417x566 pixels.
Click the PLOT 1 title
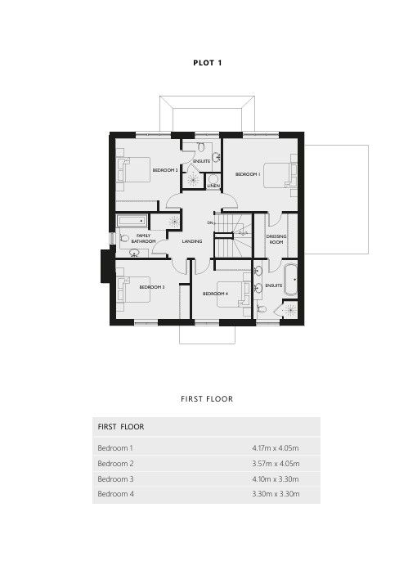208,63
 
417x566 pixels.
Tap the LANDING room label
192,241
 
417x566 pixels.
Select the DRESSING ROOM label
276,239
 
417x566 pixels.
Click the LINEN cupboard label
213,186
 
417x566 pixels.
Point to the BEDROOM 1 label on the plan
248,174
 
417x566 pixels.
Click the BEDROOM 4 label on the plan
215,294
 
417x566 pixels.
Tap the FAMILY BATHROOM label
144,238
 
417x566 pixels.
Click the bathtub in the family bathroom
132,221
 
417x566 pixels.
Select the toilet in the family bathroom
123,238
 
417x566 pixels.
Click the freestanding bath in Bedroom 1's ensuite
291,280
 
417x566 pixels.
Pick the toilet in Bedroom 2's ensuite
201,146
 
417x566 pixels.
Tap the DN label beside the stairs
210,222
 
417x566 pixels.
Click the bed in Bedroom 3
133,290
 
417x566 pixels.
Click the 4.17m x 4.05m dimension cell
276,448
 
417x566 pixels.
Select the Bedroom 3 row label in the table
115,479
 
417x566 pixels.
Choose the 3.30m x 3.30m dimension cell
276,494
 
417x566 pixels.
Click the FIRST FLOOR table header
121,427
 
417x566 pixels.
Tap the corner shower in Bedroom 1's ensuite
289,309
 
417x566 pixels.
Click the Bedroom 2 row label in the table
115,464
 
